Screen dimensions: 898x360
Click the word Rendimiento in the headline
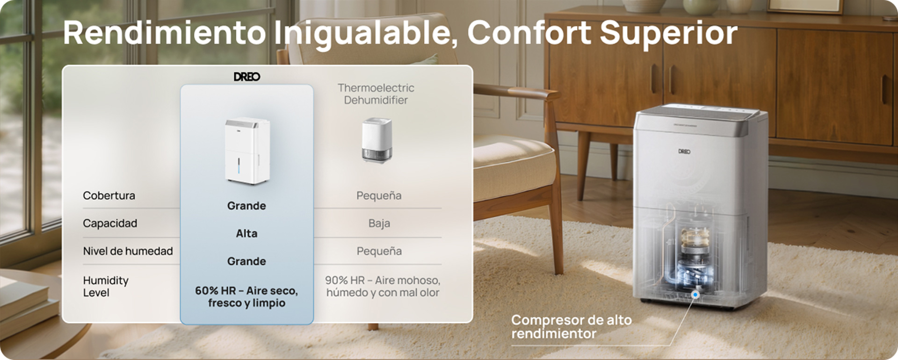click(x=164, y=33)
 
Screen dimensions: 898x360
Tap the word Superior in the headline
click(x=668, y=34)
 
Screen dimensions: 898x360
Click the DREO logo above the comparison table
click(x=247, y=77)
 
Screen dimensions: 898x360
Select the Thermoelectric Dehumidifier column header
click(x=376, y=94)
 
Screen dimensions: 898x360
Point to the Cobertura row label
click(x=109, y=195)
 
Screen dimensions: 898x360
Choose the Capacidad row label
click(x=110, y=223)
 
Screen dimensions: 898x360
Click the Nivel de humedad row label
click(x=128, y=251)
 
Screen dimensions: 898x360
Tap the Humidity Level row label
click(x=106, y=287)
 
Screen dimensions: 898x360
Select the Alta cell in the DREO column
click(x=246, y=233)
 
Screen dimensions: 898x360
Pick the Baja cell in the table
click(x=379, y=223)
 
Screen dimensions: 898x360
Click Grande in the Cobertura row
click(x=246, y=206)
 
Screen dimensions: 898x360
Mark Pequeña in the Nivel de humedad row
click(x=379, y=251)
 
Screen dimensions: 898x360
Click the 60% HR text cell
click(x=246, y=297)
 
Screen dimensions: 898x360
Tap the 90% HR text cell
click(x=383, y=286)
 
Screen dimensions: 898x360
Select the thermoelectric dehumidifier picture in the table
click(x=377, y=140)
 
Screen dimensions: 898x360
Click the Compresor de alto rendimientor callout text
click(x=572, y=327)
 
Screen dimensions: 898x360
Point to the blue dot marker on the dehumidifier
click(x=695, y=295)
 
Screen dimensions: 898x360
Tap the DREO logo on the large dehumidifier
click(x=684, y=151)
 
